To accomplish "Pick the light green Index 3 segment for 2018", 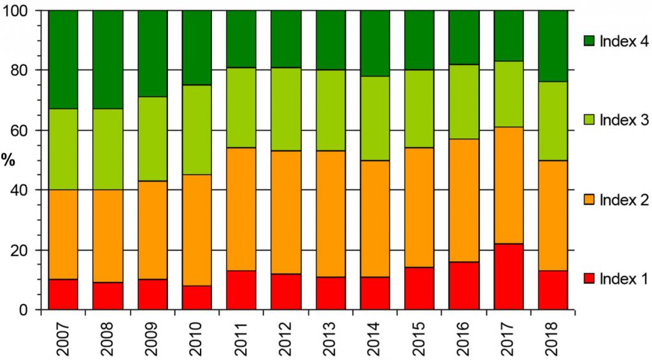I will [553, 121].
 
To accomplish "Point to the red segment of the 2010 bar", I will [197, 298].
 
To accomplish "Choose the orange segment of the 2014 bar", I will [375, 219].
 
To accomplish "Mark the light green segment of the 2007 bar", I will [63, 149].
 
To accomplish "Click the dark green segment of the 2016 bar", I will [464, 38].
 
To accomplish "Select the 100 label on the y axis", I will [20, 11].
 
